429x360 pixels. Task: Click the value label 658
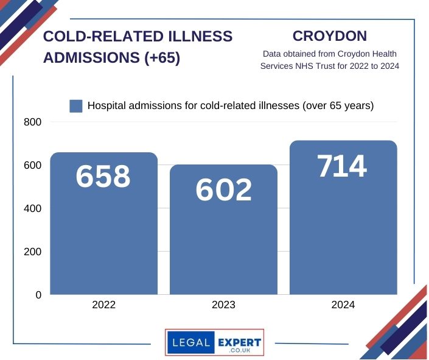click(103, 176)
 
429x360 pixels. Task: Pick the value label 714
click(343, 166)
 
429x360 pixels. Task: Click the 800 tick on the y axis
click(33, 122)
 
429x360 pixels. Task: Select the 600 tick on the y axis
click(33, 166)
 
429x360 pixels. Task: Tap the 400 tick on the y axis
click(33, 209)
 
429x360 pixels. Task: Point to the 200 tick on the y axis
click(33, 252)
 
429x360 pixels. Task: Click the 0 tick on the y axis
click(38, 295)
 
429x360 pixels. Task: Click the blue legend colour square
click(76, 106)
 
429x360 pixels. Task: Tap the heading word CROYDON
click(329, 36)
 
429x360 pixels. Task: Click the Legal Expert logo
click(214, 343)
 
